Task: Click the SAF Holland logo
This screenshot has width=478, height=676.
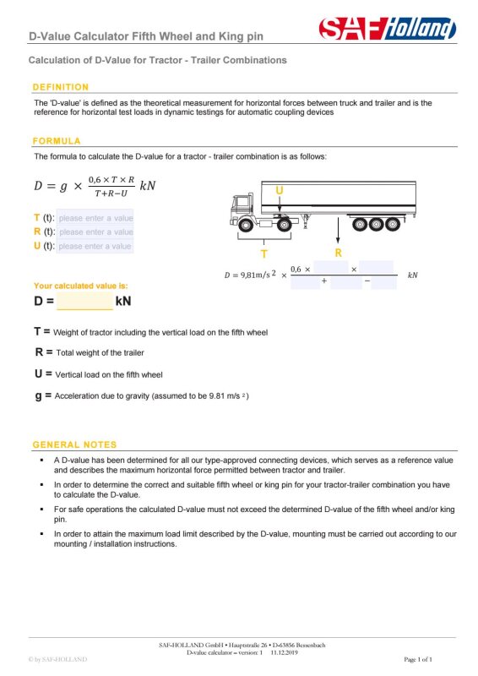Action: [x=387, y=29]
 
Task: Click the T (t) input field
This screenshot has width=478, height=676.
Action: [x=95, y=218]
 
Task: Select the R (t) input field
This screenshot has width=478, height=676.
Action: [x=95, y=232]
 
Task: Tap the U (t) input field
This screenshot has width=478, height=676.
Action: [x=95, y=246]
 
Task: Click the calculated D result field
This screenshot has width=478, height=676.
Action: [x=84, y=301]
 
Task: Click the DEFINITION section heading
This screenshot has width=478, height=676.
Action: [x=61, y=87]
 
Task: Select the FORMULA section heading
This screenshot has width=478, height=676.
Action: [x=57, y=141]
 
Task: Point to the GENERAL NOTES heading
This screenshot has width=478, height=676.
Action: [x=74, y=444]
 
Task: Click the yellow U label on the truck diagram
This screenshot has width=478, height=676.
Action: [x=280, y=190]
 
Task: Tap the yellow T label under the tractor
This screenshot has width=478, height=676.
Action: [x=264, y=254]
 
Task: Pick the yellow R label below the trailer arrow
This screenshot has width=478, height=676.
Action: [x=339, y=253]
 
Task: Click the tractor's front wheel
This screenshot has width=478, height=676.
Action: [x=246, y=225]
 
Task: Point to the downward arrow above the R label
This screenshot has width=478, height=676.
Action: [x=338, y=231]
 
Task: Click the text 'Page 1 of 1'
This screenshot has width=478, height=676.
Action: [x=418, y=659]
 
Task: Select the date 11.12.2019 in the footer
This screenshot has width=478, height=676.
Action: [x=284, y=652]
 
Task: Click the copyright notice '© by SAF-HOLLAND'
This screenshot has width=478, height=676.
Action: [x=57, y=659]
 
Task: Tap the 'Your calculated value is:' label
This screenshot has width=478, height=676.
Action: [x=80, y=286]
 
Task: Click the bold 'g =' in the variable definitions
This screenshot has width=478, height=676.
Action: [x=43, y=395]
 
